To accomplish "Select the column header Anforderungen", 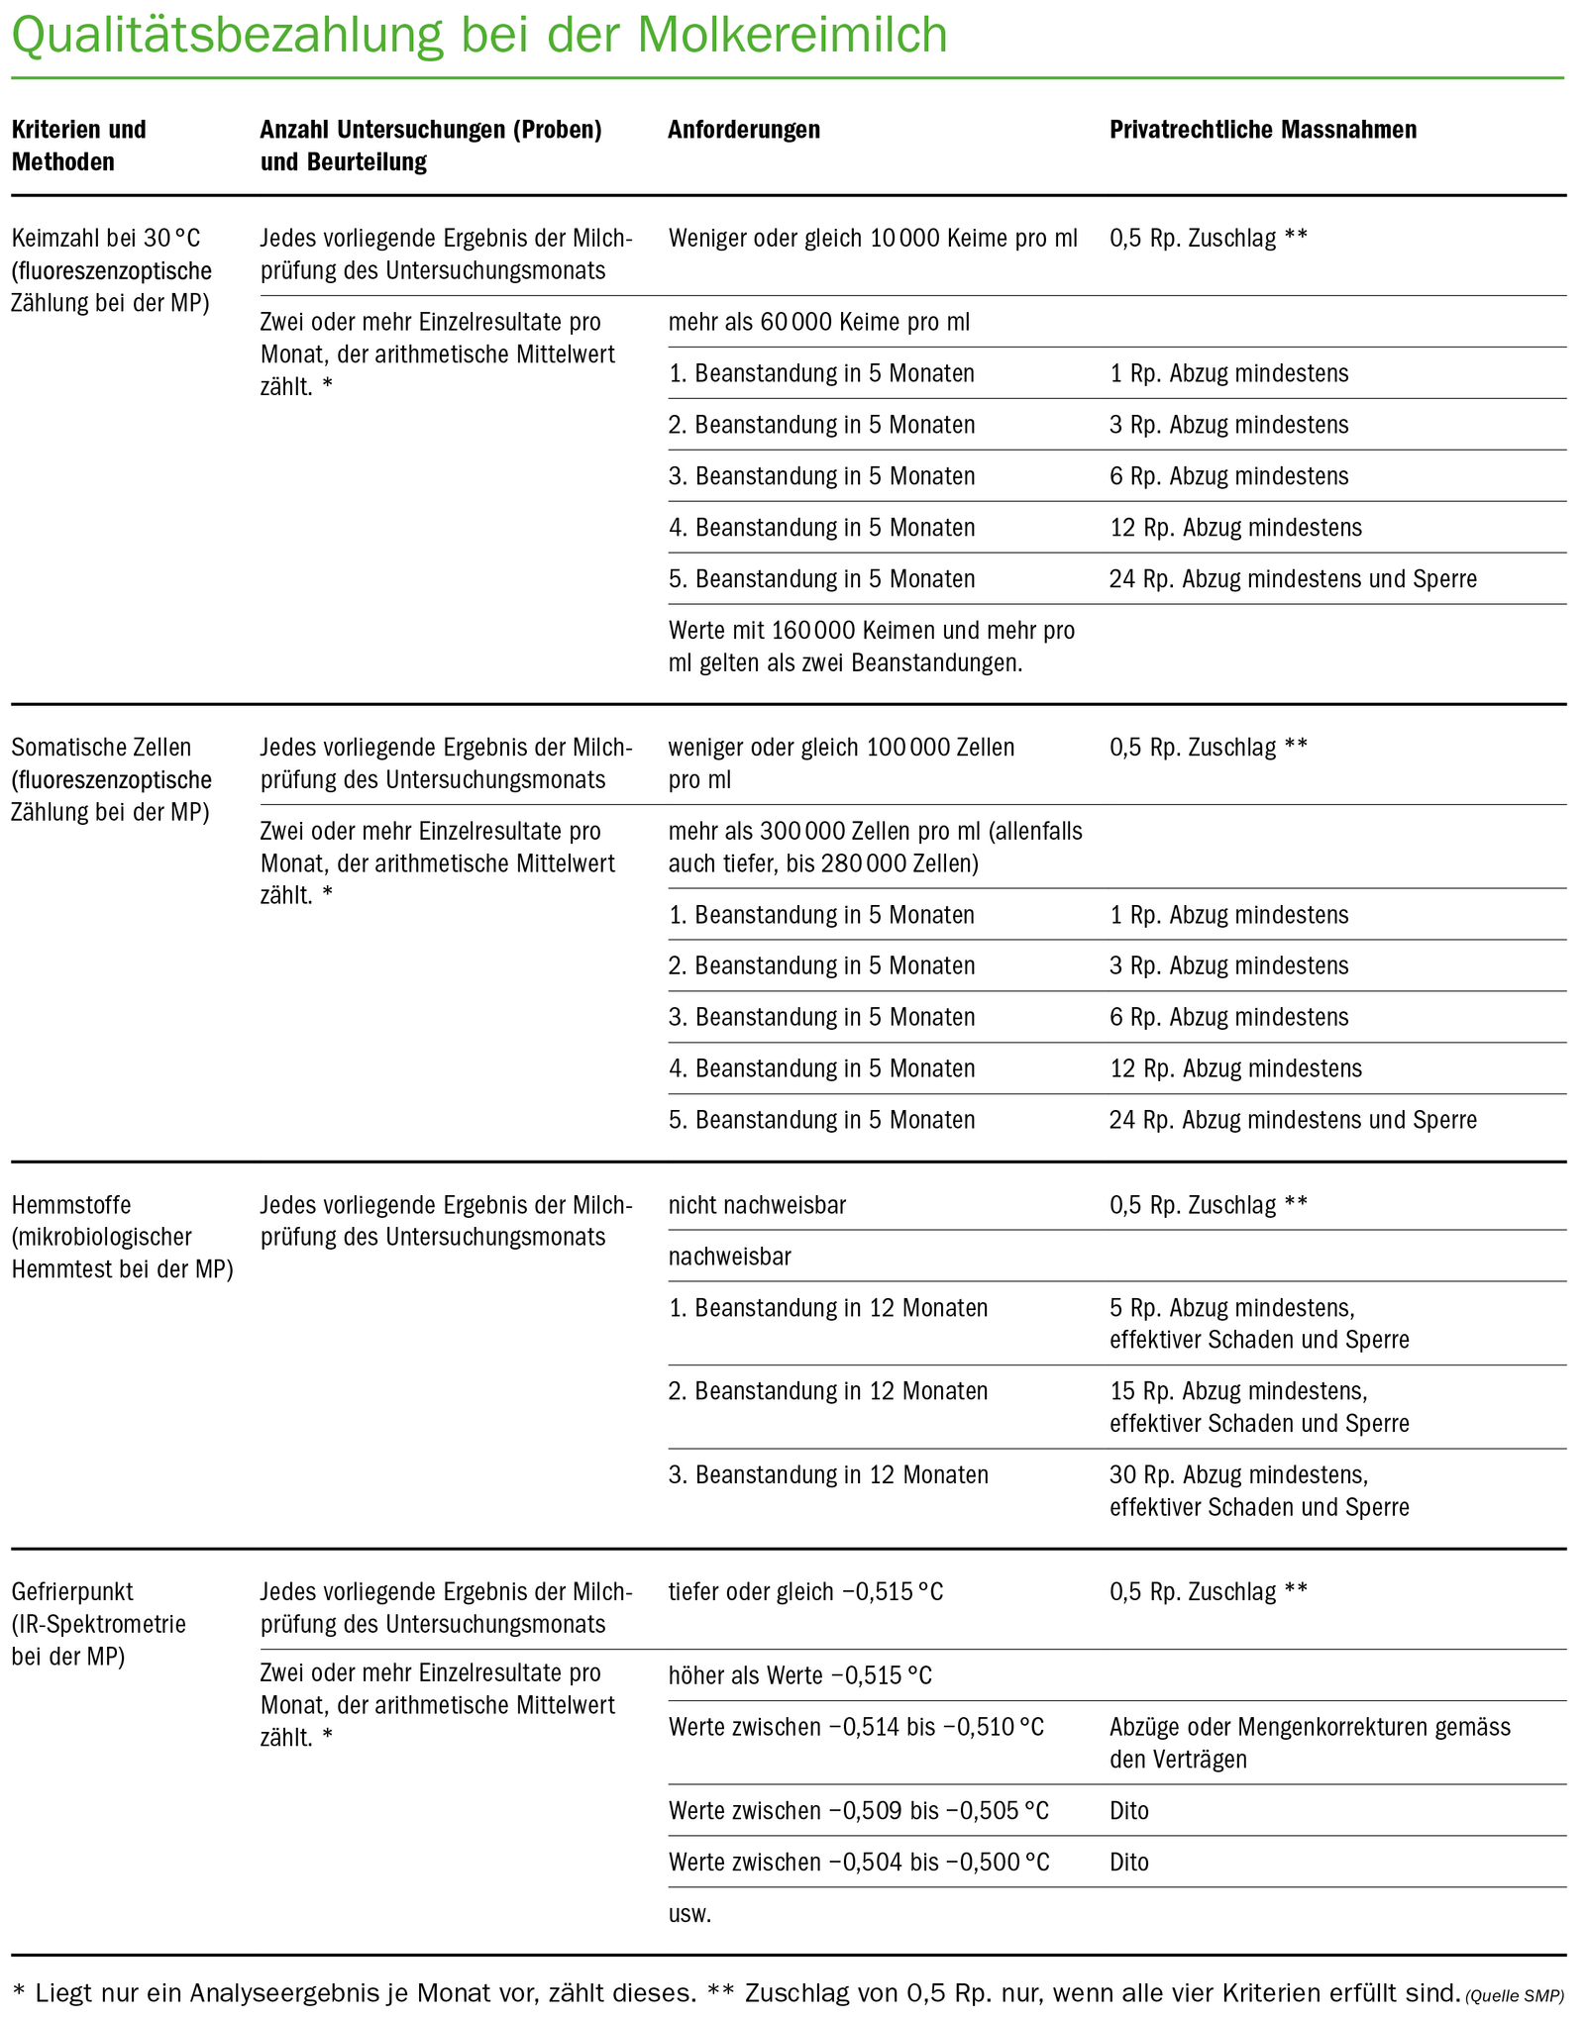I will (743, 130).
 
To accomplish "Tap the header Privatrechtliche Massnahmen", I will (1262, 130).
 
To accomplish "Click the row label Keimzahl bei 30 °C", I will (105, 239).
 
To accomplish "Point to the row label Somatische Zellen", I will (101, 748).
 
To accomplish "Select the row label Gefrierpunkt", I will (72, 1592).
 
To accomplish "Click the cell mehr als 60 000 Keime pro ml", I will (819, 322).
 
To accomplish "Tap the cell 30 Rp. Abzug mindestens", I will (1238, 1475).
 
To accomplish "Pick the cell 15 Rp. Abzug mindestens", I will (1238, 1391).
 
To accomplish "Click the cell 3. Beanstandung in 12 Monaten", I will (828, 1475).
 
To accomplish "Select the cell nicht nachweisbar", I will (757, 1205).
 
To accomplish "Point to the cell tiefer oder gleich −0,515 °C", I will (805, 1592).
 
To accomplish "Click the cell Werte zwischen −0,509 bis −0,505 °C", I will (858, 1811).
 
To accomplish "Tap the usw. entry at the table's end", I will (689, 1914).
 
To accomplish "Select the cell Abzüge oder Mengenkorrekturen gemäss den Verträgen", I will (1310, 1743).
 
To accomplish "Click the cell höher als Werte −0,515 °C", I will (799, 1675).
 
